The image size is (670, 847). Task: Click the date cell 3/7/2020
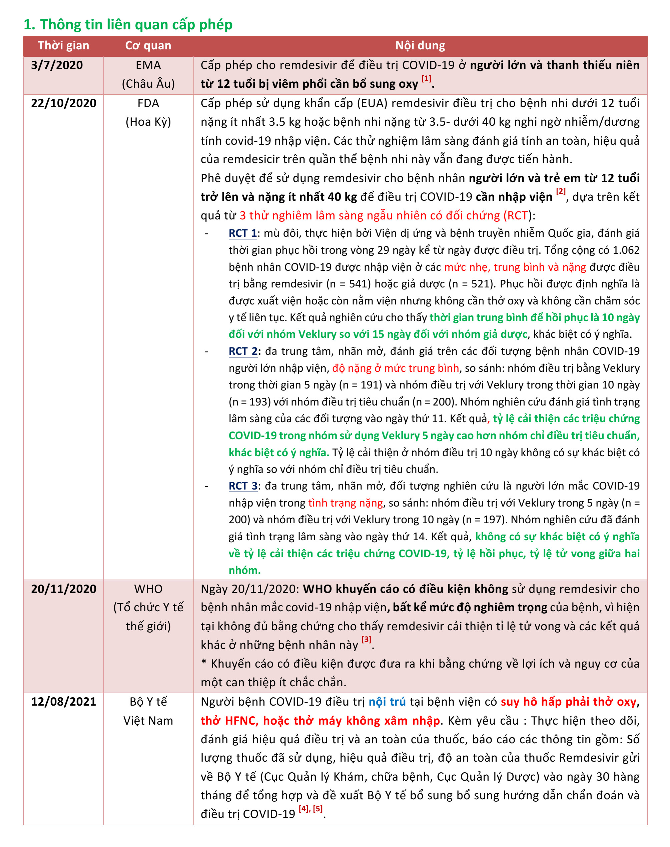tap(57, 65)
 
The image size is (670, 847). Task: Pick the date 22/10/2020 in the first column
tap(64, 103)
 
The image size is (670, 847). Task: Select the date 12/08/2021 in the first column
tap(64, 702)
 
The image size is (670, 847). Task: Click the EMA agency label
tap(148, 65)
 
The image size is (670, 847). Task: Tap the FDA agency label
tap(148, 103)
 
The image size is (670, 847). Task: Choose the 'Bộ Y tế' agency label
tap(148, 702)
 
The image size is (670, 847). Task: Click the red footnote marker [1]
tap(427, 78)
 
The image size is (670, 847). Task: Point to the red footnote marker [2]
tap(561, 191)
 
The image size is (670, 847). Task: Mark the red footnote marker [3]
tap(367, 639)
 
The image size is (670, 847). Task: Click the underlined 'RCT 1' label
tap(243, 233)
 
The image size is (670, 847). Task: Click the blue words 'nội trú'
tap(387, 702)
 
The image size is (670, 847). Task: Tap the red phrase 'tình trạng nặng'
tap(345, 503)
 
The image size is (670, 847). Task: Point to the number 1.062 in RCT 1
tap(625, 250)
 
